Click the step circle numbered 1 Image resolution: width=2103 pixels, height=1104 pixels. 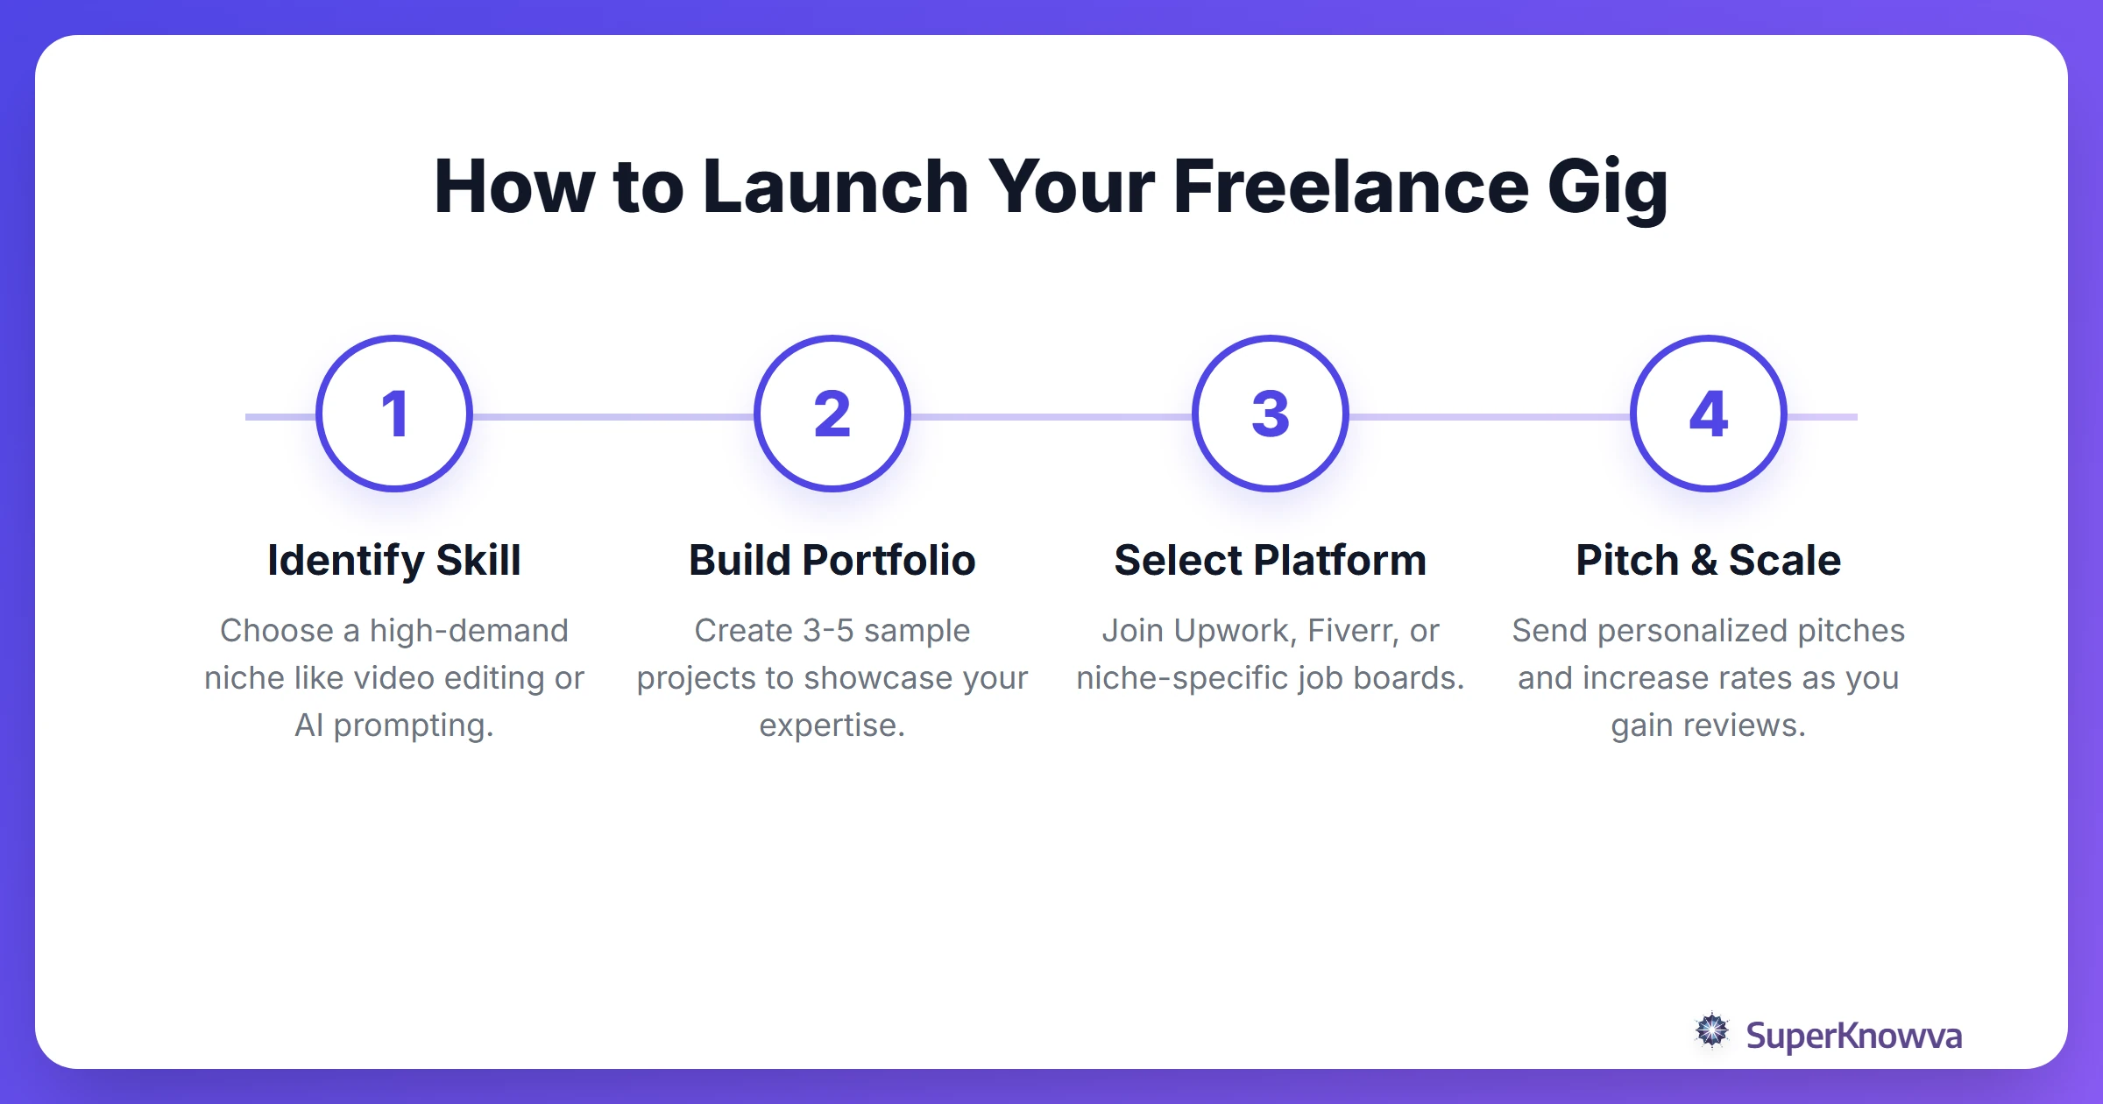tap(394, 414)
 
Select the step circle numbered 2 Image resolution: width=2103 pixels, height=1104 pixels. tap(832, 414)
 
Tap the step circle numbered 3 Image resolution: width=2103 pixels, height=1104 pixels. tap(1271, 414)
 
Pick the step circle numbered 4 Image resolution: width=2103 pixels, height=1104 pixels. tap(1709, 414)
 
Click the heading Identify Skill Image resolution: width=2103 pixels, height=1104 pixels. tap(394, 561)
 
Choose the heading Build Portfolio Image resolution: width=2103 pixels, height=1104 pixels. tap(832, 561)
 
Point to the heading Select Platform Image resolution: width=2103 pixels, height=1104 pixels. tap(1271, 561)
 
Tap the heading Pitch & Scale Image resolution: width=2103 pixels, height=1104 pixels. tap(1709, 561)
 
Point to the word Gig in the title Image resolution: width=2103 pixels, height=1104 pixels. tap(1608, 188)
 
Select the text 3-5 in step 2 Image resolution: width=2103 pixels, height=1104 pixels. tap(828, 631)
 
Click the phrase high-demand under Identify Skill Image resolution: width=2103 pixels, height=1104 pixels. tap(469, 631)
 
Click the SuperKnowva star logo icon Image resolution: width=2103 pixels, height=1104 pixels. tap(1711, 1031)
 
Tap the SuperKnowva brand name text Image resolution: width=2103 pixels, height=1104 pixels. tap(1853, 1036)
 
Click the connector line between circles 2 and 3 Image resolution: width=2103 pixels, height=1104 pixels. tap(1051, 417)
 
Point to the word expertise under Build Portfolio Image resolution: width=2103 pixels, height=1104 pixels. tap(832, 726)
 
